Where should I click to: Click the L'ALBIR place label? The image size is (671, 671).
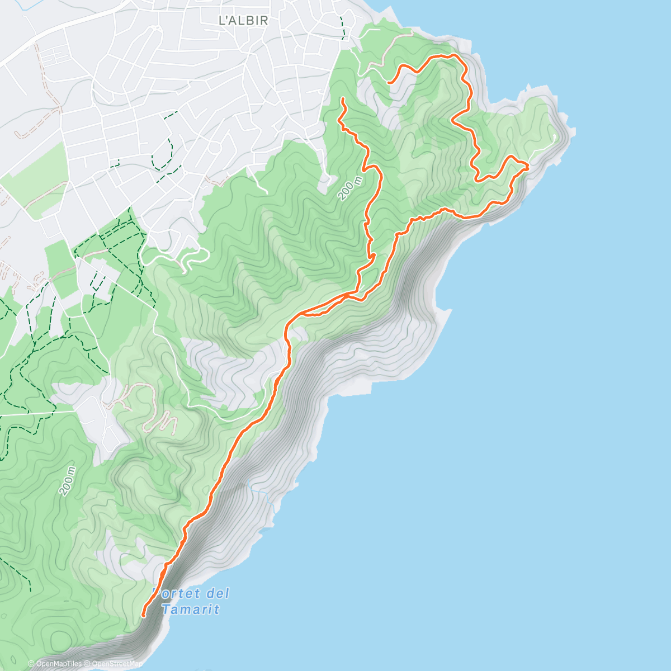click(243, 21)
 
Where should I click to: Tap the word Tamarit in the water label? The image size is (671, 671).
click(191, 609)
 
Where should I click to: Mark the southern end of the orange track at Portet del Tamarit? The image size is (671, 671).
click(144, 616)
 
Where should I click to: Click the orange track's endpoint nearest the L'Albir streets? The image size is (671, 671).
click(342, 99)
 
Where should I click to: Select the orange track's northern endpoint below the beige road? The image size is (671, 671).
click(389, 83)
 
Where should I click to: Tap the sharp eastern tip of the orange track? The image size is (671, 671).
click(528, 166)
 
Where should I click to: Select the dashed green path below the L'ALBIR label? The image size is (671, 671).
click(342, 25)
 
